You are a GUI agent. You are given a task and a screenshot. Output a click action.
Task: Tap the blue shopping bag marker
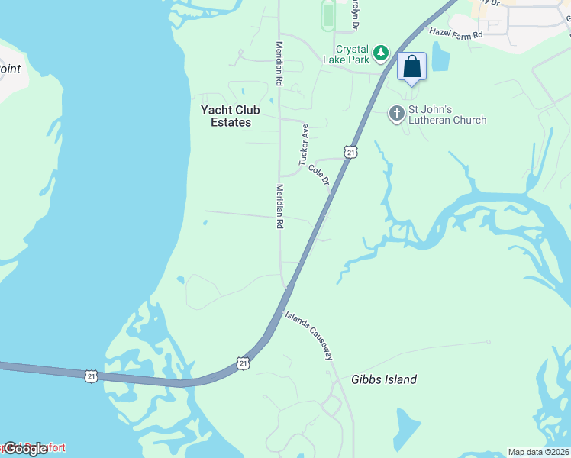coord(411,66)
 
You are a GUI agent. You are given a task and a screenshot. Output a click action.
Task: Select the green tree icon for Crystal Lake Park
coord(381,54)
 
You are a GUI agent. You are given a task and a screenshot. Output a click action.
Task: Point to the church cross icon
coord(396,114)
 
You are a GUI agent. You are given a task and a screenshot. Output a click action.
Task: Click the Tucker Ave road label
coord(303,145)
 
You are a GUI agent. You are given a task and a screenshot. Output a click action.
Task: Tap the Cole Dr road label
coord(319,175)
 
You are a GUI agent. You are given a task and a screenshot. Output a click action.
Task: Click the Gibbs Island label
coord(384,379)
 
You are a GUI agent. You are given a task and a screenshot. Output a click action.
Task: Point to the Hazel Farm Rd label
coord(456,34)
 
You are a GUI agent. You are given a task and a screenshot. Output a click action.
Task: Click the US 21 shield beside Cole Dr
coord(350,152)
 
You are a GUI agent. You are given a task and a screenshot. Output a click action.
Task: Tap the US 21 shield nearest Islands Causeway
coord(243,363)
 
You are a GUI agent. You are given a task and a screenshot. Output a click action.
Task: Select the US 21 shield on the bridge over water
coord(92,376)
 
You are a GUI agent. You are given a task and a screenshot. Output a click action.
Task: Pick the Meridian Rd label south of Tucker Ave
coord(279,207)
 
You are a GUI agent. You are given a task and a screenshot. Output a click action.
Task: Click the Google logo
coord(25,448)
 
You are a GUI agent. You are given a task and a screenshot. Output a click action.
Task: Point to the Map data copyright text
coord(539,452)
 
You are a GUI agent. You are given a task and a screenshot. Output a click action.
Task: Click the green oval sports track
coord(328,15)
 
